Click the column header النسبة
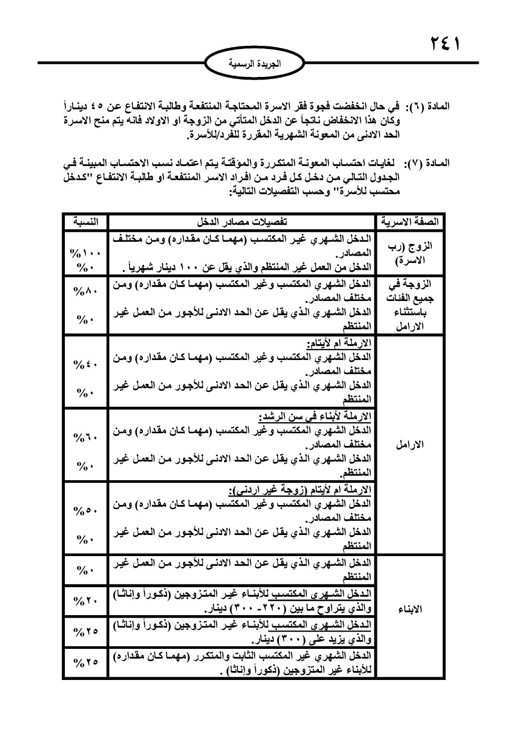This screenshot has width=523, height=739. (84, 221)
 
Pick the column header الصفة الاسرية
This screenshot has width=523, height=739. (409, 221)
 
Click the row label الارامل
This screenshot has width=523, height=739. (409, 444)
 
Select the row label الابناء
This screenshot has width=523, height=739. (409, 610)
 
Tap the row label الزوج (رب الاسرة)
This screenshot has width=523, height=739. (409, 254)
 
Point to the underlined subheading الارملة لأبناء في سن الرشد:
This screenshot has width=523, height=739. (316, 417)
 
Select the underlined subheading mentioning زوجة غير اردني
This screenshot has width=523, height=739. (300, 491)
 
